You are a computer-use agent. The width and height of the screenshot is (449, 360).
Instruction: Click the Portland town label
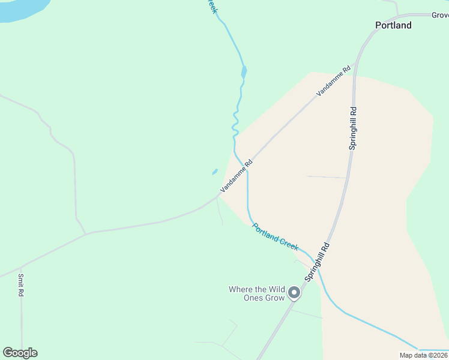393,25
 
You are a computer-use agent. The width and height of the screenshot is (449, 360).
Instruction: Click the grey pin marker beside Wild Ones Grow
294,293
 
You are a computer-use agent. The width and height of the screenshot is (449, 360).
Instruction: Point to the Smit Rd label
20,285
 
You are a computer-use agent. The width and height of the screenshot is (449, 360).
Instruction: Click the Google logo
20,353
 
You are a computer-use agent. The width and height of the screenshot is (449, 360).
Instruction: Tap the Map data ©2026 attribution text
423,355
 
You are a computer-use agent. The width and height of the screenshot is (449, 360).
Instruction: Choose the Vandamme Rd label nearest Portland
334,82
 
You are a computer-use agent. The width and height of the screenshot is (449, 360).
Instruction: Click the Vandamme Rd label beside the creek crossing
237,175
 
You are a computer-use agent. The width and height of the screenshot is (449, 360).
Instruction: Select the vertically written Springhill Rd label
353,128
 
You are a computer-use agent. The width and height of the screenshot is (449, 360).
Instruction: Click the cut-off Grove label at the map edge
440,15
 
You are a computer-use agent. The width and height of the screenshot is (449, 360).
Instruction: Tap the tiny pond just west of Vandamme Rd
214,172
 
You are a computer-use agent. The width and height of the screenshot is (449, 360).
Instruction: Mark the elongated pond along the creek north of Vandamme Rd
244,73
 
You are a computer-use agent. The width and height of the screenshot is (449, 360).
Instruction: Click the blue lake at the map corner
21,8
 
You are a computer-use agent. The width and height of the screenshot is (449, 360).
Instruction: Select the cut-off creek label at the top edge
211,6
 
